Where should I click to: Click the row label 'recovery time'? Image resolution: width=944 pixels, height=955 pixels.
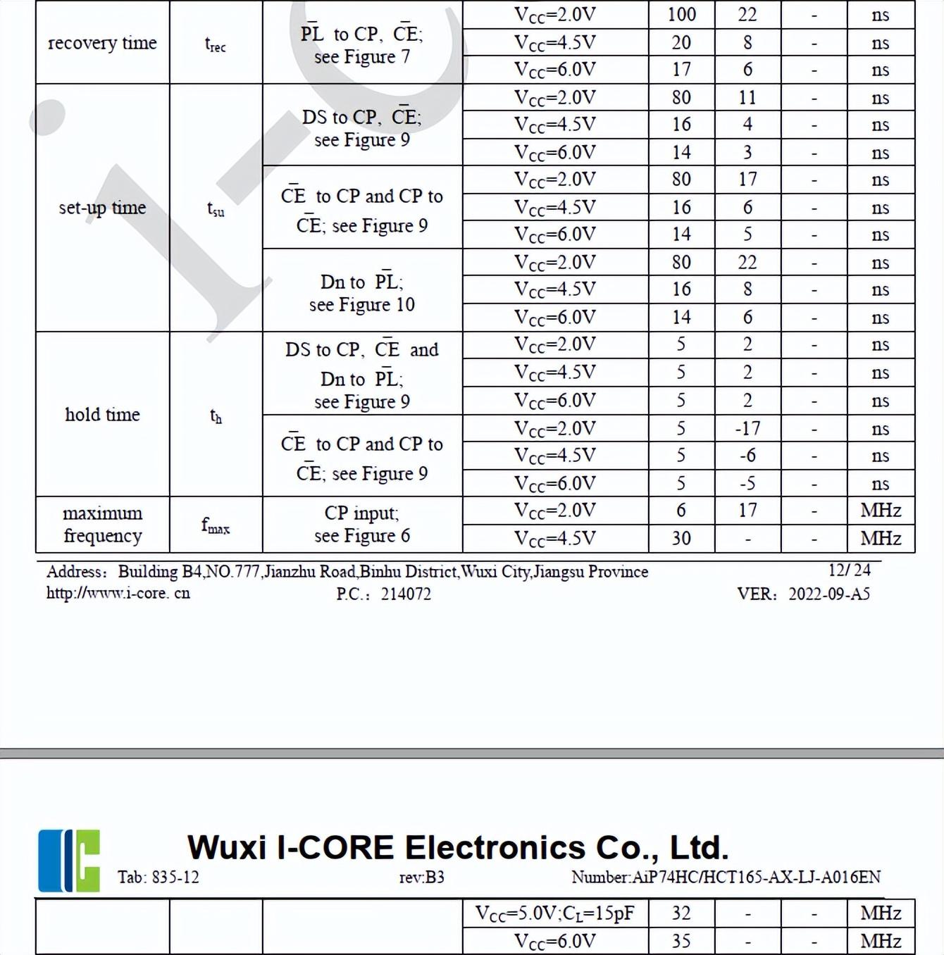[x=102, y=43]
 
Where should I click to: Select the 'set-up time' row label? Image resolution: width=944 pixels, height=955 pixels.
[x=102, y=208]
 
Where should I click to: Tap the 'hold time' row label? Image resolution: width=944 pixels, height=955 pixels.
[x=102, y=414]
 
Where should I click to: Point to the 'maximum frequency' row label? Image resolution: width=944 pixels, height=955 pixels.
[x=102, y=524]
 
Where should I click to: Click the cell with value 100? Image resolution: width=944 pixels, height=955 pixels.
[x=681, y=15]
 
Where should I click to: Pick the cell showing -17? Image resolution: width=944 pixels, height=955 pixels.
[x=747, y=428]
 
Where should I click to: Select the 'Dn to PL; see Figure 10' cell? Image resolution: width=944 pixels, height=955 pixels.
[x=362, y=293]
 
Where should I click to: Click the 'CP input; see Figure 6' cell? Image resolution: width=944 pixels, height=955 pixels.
[x=362, y=524]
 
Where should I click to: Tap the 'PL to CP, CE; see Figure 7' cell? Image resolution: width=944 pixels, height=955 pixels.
[x=362, y=45]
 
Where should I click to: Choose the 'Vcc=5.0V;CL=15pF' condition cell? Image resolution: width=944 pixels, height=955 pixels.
[x=555, y=913]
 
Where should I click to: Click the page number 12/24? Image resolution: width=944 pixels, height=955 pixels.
[x=849, y=570]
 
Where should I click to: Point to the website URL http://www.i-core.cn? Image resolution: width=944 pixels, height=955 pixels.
[x=118, y=593]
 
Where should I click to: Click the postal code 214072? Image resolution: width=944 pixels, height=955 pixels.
[x=406, y=594]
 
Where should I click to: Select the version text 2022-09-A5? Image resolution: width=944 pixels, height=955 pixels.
[x=829, y=594]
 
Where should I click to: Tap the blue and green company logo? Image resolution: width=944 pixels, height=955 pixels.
[x=69, y=860]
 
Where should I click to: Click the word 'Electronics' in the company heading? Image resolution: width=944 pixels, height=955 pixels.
[x=495, y=847]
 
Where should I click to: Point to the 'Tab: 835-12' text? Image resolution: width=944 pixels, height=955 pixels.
[x=158, y=877]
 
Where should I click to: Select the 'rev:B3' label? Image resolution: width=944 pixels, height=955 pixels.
[x=421, y=877]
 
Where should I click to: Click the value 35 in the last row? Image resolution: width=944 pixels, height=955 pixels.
[x=681, y=941]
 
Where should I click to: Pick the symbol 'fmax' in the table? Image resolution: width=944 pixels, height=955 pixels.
[x=216, y=525]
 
